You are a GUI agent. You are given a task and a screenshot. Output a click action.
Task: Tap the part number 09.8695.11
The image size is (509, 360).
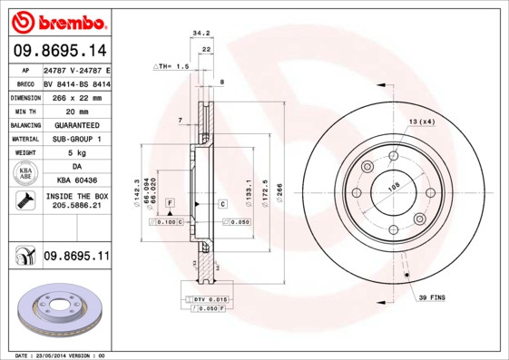click(76, 257)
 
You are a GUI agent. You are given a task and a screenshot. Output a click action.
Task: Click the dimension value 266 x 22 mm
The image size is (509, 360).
click(76, 96)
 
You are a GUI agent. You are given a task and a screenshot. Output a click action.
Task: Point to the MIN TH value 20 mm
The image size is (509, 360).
click(76, 110)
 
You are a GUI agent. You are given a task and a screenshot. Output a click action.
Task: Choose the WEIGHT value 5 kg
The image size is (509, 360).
click(76, 153)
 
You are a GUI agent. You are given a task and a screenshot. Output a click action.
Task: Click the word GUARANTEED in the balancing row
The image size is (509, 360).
click(76, 124)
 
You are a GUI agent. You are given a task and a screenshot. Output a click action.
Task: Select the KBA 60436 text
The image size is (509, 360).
click(76, 181)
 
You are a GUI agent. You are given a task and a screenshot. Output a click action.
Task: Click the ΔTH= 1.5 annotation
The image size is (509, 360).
click(171, 66)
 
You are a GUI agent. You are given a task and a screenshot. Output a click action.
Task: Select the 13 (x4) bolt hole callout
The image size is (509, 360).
click(421, 122)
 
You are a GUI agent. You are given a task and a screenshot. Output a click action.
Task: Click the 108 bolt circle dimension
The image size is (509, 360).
click(394, 189)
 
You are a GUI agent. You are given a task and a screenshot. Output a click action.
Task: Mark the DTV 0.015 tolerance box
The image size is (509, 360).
click(210, 298)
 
